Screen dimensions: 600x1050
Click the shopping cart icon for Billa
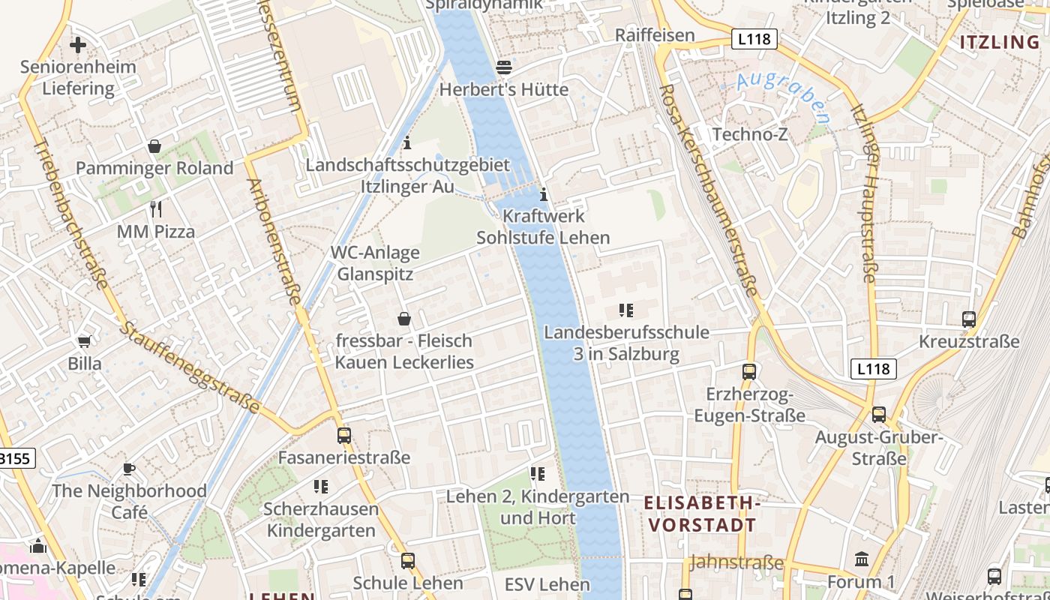(85, 341)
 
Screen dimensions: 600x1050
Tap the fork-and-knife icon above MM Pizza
(156, 208)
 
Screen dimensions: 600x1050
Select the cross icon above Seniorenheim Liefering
(78, 45)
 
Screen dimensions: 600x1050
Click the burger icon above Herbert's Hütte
(504, 67)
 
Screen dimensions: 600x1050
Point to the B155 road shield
(15, 458)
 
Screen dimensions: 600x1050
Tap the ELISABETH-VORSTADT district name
(702, 514)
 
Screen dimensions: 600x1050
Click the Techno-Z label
(751, 134)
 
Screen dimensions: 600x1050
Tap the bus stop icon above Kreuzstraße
(968, 319)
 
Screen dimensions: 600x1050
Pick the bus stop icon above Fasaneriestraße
(344, 435)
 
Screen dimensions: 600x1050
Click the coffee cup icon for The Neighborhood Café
(129, 469)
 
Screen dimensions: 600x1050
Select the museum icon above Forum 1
(861, 559)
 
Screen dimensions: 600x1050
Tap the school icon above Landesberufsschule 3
(625, 310)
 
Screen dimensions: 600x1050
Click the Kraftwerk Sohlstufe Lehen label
(544, 226)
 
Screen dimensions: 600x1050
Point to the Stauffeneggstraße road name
(191, 368)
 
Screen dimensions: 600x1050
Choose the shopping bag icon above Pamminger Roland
(154, 145)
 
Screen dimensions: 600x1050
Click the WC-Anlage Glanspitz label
(375, 263)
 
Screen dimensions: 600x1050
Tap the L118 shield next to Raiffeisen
(753, 39)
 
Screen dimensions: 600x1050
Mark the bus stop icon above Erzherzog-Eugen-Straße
(748, 371)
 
